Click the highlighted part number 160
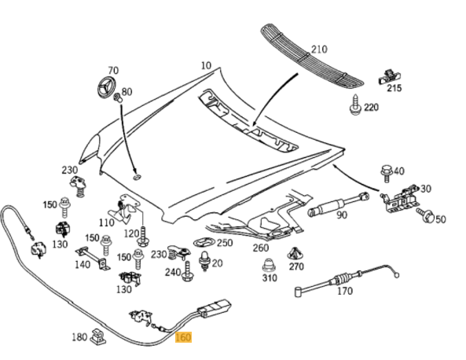click(182, 338)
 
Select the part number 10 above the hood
click(206, 65)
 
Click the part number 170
click(344, 291)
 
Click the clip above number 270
click(296, 254)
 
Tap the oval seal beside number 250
click(204, 243)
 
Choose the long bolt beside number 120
click(144, 233)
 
